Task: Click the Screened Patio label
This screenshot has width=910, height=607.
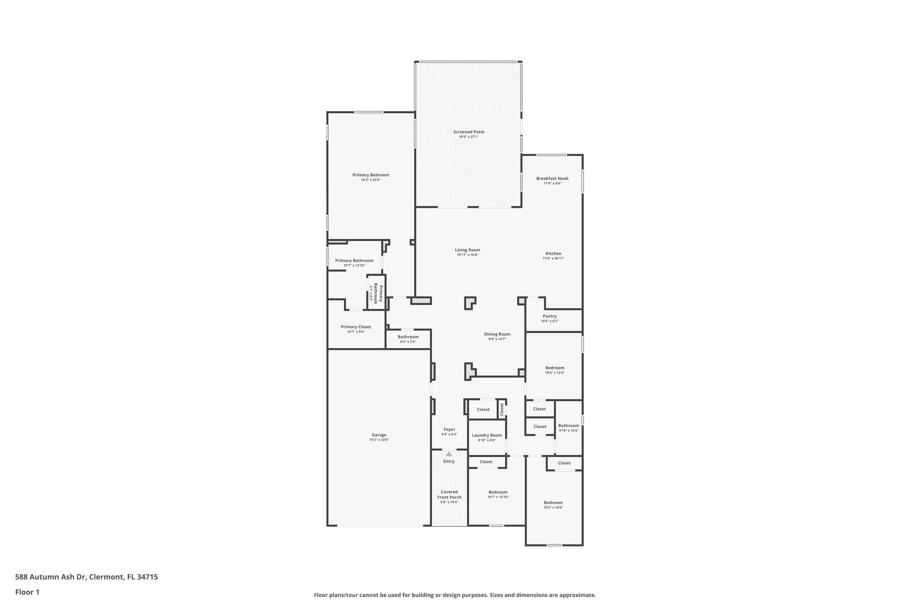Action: pos(468,132)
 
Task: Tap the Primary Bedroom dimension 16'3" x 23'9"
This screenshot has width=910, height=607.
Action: pos(371,180)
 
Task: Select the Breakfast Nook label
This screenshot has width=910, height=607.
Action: pos(552,178)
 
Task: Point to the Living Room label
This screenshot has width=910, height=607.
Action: pos(467,250)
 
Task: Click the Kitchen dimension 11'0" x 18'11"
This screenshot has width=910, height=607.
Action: pos(553,258)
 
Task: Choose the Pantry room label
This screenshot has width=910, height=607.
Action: pos(550,316)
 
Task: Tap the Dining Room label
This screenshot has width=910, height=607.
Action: pos(497,334)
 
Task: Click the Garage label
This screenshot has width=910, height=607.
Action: pos(379,435)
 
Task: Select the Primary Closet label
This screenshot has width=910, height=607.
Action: pos(356,327)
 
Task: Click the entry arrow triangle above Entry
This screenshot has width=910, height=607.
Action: pos(449,454)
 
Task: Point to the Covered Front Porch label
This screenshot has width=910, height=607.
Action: pos(449,494)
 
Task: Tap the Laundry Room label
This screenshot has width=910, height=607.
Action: pos(487,435)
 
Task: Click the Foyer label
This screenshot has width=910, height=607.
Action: pos(449,430)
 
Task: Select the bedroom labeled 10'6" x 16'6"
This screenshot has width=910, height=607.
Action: pos(553,502)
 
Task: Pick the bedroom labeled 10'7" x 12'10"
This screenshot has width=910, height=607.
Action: pos(498,492)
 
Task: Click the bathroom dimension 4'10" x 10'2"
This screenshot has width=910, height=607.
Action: pos(569,430)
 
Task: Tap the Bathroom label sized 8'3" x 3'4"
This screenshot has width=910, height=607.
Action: pos(408,337)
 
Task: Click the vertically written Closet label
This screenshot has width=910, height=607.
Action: pos(502,409)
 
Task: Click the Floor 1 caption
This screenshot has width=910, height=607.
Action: pos(27,592)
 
